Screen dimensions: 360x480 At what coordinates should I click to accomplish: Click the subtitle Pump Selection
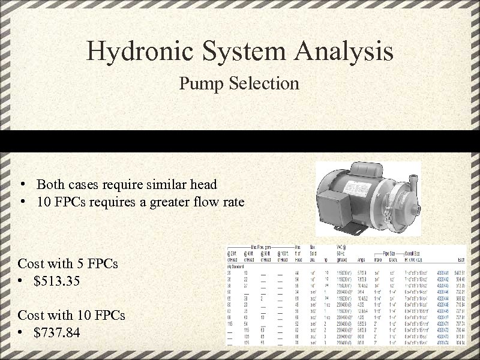point(239,83)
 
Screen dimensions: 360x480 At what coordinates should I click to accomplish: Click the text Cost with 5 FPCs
point(68,263)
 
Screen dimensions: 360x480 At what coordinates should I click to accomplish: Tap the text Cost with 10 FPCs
point(71,315)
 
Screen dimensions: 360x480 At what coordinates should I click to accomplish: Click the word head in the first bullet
point(203,184)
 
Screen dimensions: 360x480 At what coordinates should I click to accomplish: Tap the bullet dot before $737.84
point(21,332)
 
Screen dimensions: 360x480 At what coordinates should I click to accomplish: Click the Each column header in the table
point(461,260)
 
